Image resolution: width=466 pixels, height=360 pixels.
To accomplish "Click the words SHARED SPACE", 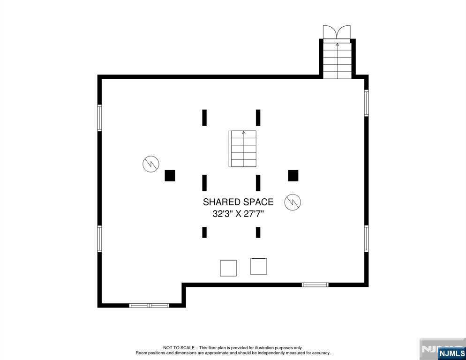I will coord(238,202).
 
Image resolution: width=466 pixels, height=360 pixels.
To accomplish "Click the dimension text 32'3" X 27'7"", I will coord(238,214).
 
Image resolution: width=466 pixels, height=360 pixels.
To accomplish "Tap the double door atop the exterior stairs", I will coord(337,32).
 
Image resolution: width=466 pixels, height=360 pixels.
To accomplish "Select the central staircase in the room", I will coord(243,149).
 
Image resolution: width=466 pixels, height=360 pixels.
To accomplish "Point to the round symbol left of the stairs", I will coord(151,164).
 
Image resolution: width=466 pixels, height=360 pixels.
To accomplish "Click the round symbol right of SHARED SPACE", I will coord(293,202).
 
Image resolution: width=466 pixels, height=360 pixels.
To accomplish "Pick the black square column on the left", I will coord(170,175).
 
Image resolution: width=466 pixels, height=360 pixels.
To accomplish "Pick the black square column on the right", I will coord(293,175).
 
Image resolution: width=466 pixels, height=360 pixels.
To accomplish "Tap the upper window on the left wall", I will coord(99,118).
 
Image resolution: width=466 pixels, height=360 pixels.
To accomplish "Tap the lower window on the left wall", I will coord(99,239).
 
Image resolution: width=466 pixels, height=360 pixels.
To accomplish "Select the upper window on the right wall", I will coord(366,103).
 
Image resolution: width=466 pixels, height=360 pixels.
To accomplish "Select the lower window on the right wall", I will coord(366,239).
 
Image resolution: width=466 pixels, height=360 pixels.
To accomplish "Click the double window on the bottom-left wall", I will coord(149,306).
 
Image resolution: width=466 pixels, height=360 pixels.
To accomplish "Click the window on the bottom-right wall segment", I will coord(315,285).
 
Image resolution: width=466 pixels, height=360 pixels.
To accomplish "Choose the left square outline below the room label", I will coord(228,268).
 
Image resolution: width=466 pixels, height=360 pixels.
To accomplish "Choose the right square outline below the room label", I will coord(258,266).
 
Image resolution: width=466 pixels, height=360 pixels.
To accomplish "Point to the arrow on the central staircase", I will coord(243,133).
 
